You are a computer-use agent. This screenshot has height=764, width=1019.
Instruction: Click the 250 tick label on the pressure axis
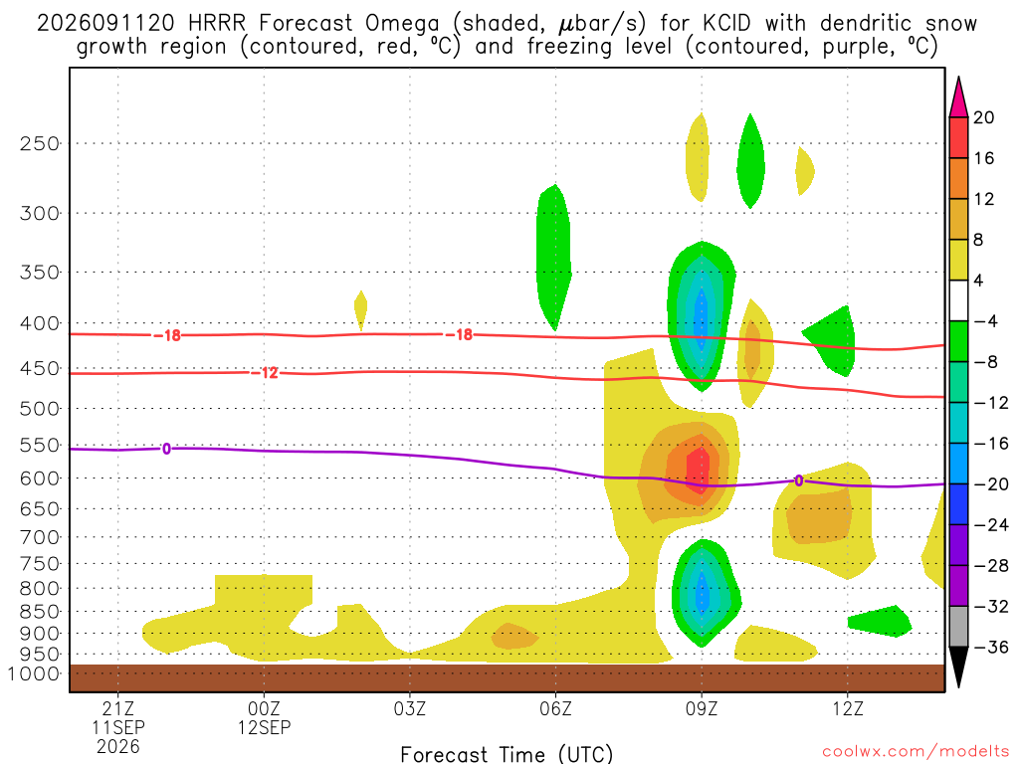point(39,143)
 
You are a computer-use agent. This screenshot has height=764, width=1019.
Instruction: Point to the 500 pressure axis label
point(39,409)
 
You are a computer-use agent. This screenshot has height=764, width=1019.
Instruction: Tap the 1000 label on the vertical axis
point(34,673)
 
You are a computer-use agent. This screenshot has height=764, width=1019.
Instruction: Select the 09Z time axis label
point(702,708)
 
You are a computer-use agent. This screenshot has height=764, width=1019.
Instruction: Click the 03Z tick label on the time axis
point(410,708)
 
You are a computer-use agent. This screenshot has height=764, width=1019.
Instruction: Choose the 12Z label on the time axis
point(848,708)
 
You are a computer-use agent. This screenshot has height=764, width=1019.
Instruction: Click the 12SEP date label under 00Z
point(265,727)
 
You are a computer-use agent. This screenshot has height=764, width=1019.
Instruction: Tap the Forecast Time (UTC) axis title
point(507,754)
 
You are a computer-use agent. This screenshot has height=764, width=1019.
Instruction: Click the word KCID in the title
point(726,24)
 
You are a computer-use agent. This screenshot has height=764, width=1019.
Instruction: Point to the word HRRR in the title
point(216,24)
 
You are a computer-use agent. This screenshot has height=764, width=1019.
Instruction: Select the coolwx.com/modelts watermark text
point(916,752)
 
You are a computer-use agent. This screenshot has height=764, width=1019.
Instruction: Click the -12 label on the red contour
point(265,373)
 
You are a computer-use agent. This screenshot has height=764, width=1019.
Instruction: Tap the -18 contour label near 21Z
point(167,335)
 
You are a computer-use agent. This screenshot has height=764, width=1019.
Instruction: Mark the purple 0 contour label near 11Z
point(799,480)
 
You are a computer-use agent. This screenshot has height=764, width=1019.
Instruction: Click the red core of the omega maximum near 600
point(698,470)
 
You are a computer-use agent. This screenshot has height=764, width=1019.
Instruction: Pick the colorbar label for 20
point(984,117)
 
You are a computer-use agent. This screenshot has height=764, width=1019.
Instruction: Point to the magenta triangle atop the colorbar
point(958,98)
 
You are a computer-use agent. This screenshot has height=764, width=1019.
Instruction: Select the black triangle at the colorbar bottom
point(958,666)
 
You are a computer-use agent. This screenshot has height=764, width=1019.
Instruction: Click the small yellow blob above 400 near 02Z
point(360,310)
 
